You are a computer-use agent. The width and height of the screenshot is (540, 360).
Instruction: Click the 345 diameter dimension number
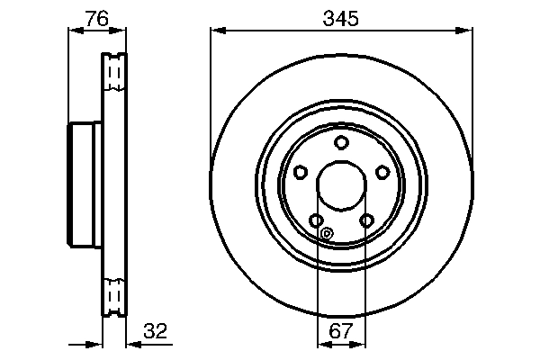(x=340, y=18)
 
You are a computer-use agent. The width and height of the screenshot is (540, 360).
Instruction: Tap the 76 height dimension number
(x=97, y=18)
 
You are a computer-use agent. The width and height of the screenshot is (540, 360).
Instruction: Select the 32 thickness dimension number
(x=156, y=331)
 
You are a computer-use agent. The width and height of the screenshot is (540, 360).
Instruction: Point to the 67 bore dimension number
(x=341, y=331)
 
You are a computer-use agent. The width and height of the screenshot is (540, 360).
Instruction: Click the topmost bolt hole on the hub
(x=341, y=142)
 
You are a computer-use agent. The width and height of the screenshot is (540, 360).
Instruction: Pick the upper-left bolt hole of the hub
(x=301, y=172)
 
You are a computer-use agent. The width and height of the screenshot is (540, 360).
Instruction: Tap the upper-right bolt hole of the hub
(x=382, y=172)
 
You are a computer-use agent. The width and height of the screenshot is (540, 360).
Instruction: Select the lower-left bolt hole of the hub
(x=316, y=220)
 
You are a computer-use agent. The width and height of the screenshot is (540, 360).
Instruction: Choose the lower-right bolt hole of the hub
(x=366, y=220)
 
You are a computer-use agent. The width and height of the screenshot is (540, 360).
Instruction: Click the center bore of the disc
(x=341, y=185)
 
